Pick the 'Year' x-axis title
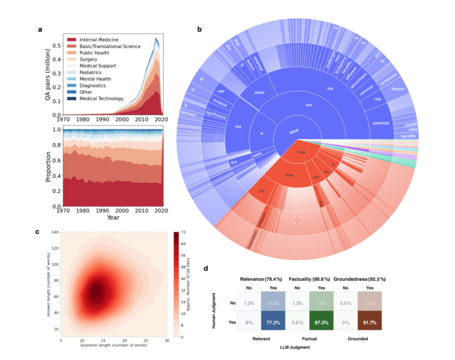(113, 217)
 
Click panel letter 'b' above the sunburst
(199, 29)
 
